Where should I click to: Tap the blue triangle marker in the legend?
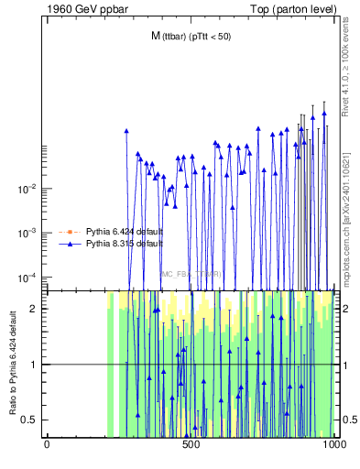tap(67, 245)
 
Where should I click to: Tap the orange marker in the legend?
tap(67, 232)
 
